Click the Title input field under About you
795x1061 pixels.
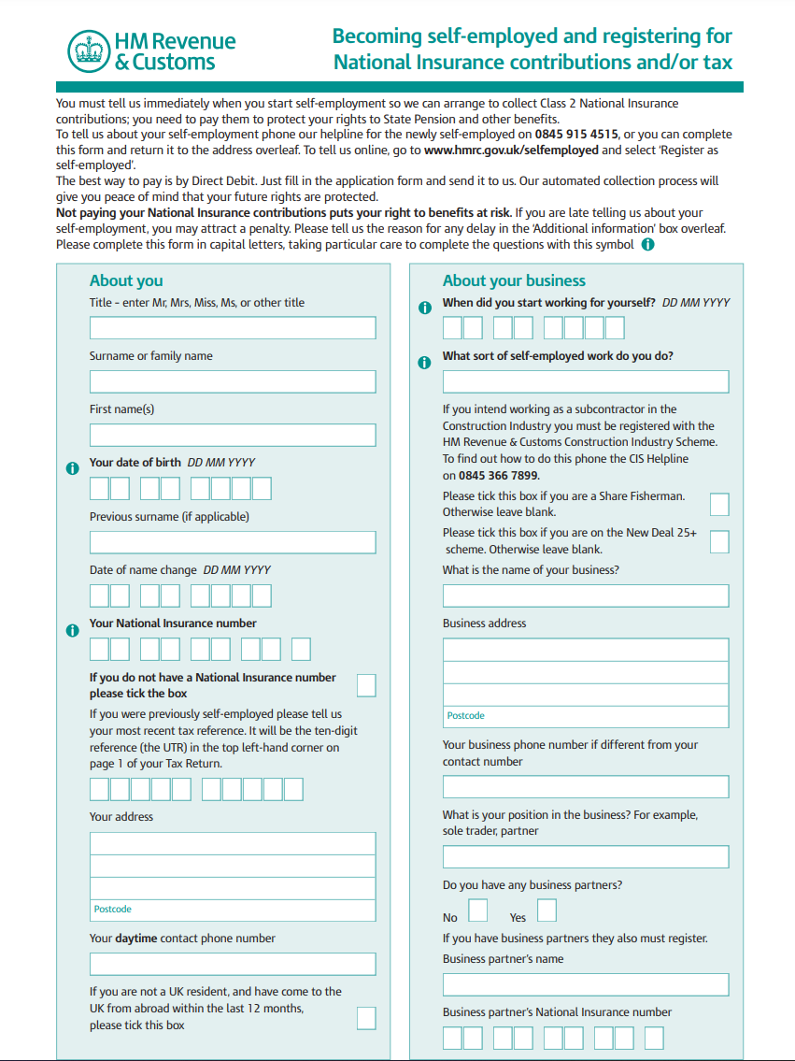[233, 327]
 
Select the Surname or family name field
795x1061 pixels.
[233, 381]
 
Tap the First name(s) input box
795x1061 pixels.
[233, 435]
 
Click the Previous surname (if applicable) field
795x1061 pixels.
[233, 542]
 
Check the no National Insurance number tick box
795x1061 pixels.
[366, 685]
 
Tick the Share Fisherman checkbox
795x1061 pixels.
[719, 505]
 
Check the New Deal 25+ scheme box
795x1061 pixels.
[719, 541]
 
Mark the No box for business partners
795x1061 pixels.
[477, 910]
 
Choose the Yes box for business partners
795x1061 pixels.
[547, 910]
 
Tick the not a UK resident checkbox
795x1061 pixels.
[366, 1018]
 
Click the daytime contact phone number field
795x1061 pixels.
[233, 964]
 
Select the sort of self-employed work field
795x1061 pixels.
[586, 381]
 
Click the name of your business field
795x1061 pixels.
[586, 595]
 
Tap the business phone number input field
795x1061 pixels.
[586, 786]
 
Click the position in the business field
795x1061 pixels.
[586, 857]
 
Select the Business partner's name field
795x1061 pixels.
[586, 984]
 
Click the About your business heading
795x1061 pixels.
[514, 280]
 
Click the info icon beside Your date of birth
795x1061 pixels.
[73, 468]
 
